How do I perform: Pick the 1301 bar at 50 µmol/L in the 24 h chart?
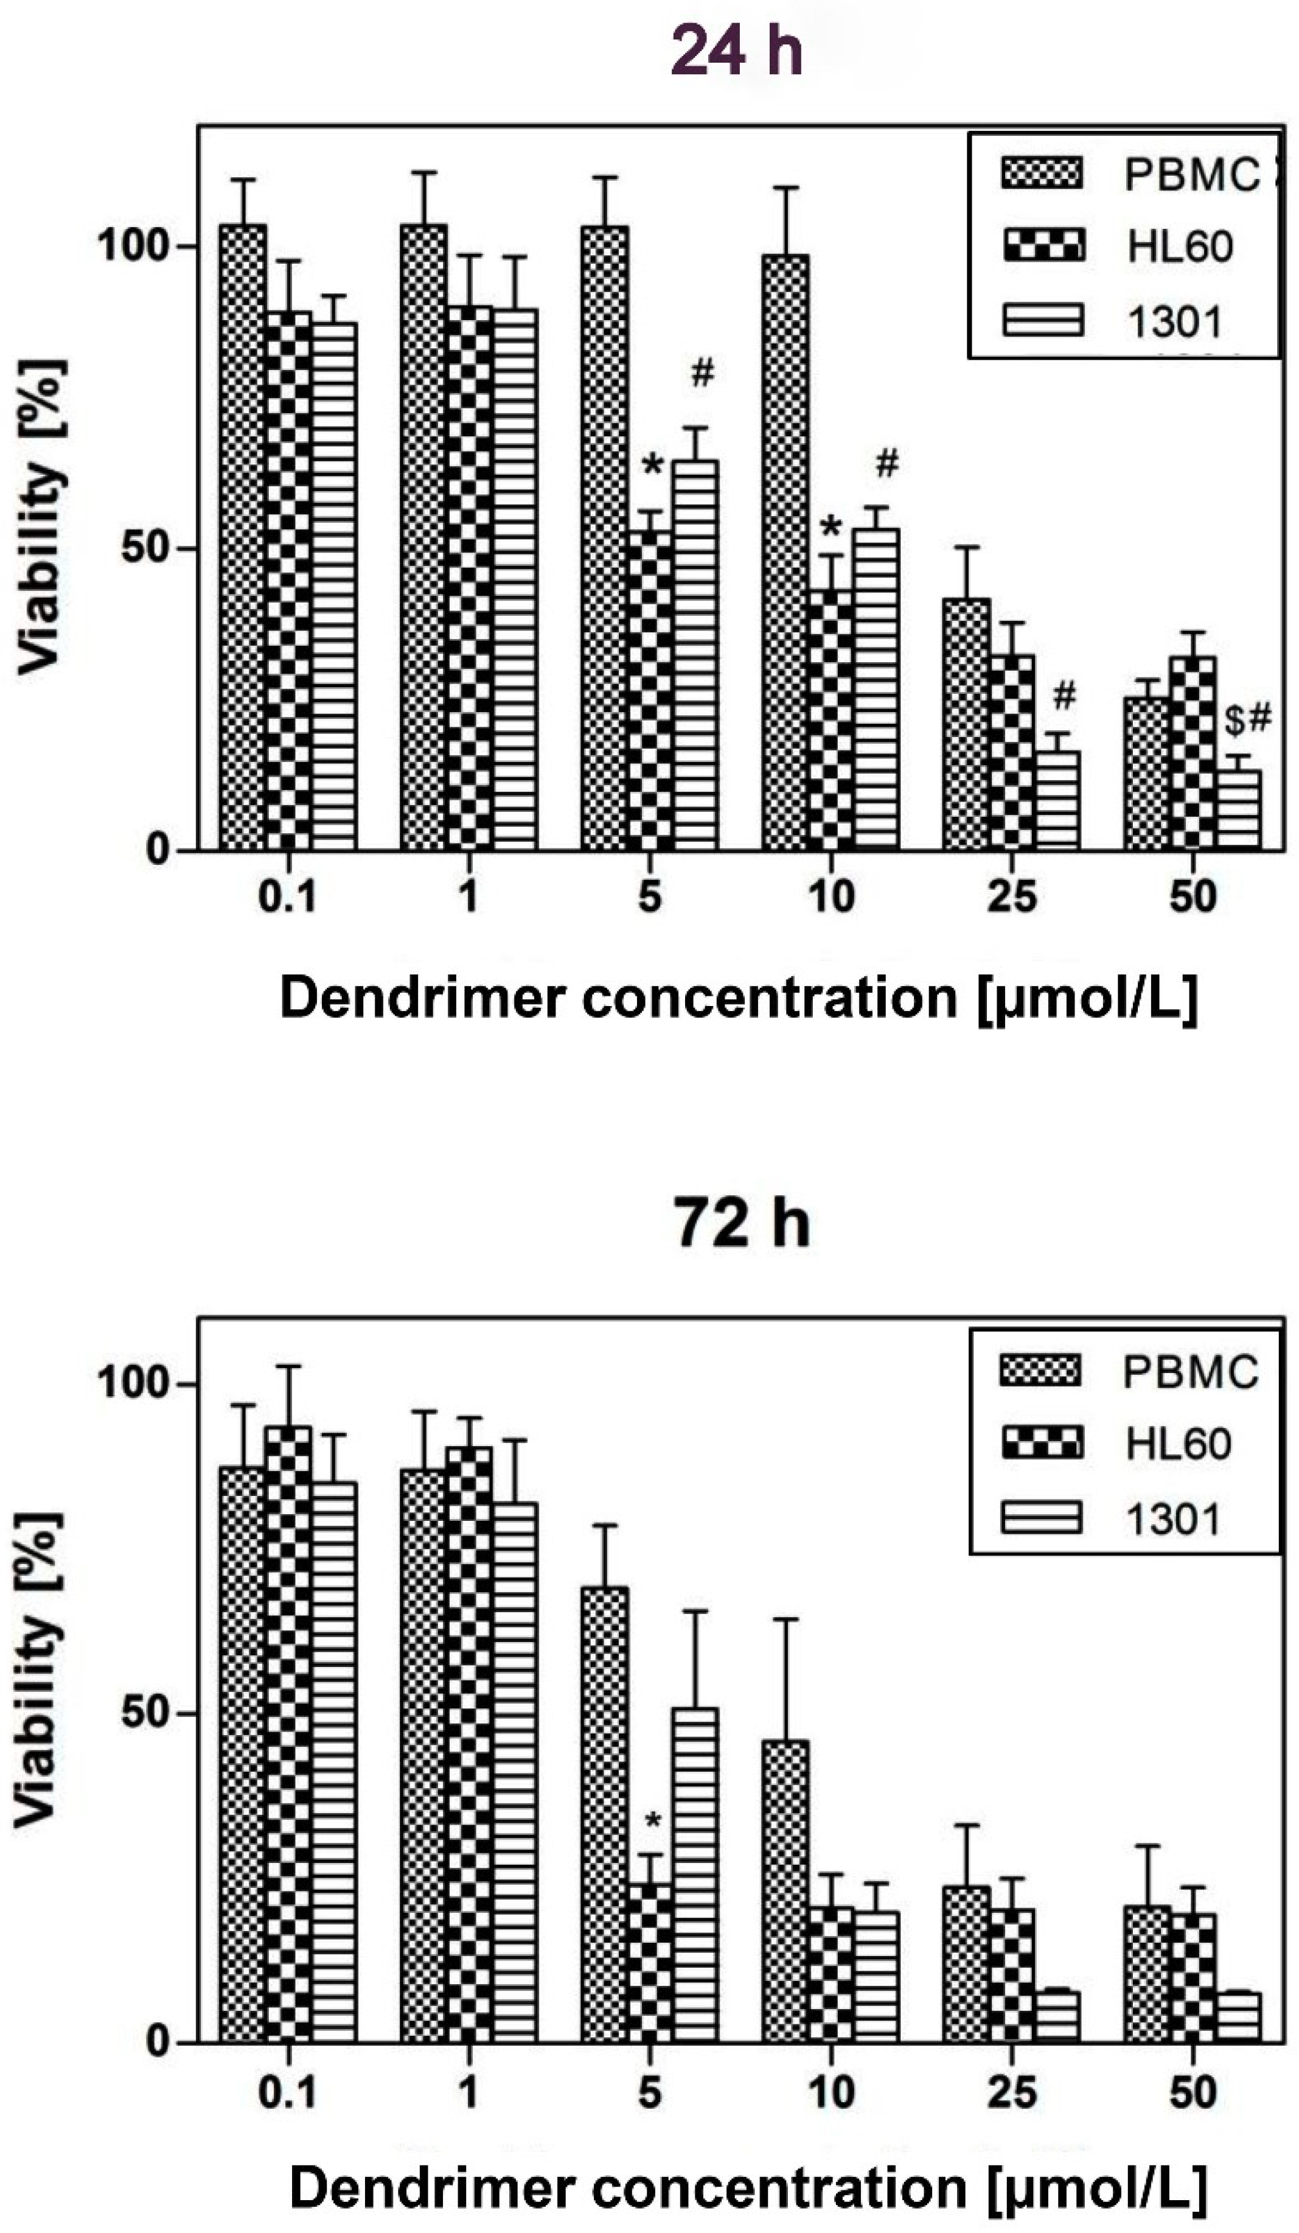(1238, 809)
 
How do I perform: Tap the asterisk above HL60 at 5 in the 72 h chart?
(653, 1821)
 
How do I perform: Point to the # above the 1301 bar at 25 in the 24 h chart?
(1064, 696)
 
